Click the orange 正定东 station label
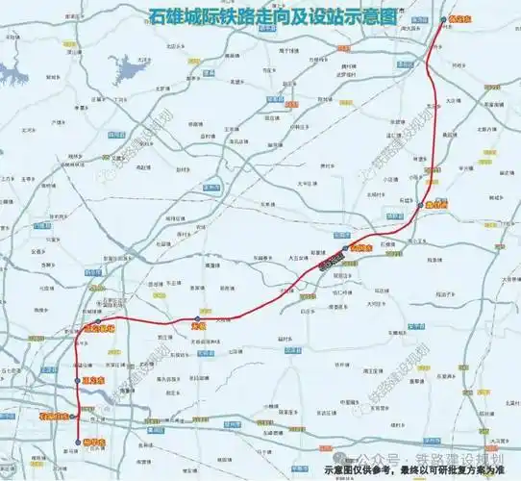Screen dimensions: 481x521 [93, 382]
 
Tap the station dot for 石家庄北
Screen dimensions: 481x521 [79, 416]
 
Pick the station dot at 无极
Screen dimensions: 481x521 [197, 318]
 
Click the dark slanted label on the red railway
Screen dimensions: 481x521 [328, 258]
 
